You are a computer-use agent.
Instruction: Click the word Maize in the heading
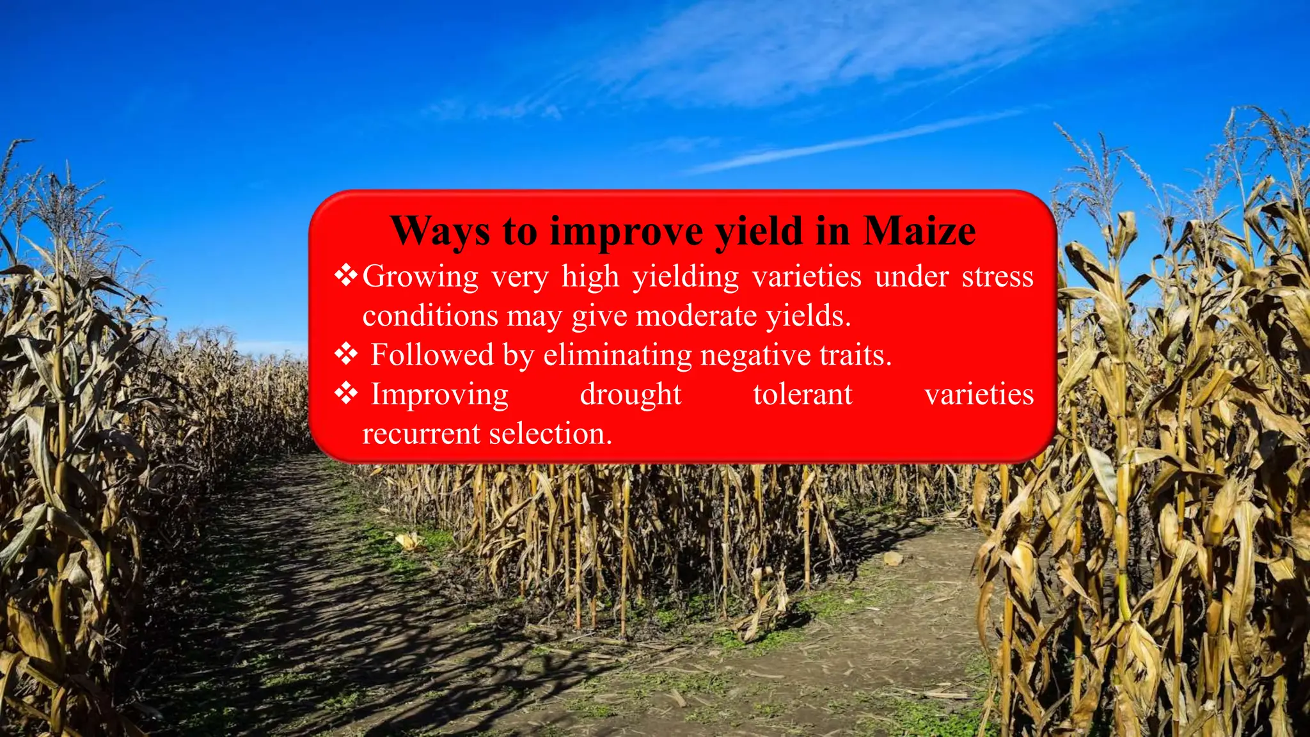[x=919, y=231]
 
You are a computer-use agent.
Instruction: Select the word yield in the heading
[x=759, y=232]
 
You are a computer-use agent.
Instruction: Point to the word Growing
[x=420, y=278]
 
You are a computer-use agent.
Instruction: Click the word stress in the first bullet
[x=998, y=277]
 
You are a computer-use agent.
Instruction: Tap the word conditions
[x=430, y=316]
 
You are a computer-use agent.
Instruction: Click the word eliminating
[x=617, y=355]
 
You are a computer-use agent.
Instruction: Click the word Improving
[x=440, y=395]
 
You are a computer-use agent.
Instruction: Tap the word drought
[x=631, y=395]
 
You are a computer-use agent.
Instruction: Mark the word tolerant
[x=803, y=395]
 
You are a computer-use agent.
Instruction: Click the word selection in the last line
[x=551, y=434]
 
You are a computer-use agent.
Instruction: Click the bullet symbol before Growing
[x=346, y=276]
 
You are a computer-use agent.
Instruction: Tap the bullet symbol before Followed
[x=346, y=354]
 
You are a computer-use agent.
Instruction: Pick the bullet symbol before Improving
[x=346, y=393]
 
